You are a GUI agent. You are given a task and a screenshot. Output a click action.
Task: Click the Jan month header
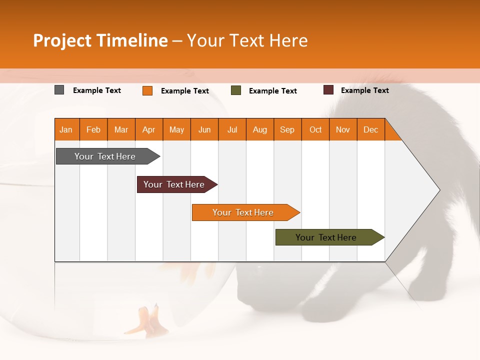click(66, 129)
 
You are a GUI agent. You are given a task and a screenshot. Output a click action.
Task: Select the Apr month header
click(149, 129)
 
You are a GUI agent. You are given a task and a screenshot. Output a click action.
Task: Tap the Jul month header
click(232, 129)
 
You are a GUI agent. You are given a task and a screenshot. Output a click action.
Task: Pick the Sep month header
click(287, 129)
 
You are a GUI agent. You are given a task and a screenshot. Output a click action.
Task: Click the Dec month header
click(370, 129)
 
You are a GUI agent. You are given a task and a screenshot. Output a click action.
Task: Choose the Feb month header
click(93, 129)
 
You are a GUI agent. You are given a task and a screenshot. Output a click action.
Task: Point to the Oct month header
click(315, 129)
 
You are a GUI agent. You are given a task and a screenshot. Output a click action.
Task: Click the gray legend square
click(59, 90)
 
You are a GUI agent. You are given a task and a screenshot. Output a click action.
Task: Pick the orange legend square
click(147, 90)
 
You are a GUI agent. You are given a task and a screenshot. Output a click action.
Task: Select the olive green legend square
click(236, 90)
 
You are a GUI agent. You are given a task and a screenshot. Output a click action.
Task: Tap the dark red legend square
click(328, 90)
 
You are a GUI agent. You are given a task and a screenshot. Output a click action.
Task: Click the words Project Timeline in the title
click(100, 40)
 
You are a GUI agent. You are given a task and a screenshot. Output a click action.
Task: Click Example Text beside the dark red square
click(364, 90)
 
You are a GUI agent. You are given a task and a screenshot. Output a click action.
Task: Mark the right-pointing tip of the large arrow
click(438, 190)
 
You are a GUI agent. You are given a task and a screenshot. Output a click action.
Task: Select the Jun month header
click(204, 129)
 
